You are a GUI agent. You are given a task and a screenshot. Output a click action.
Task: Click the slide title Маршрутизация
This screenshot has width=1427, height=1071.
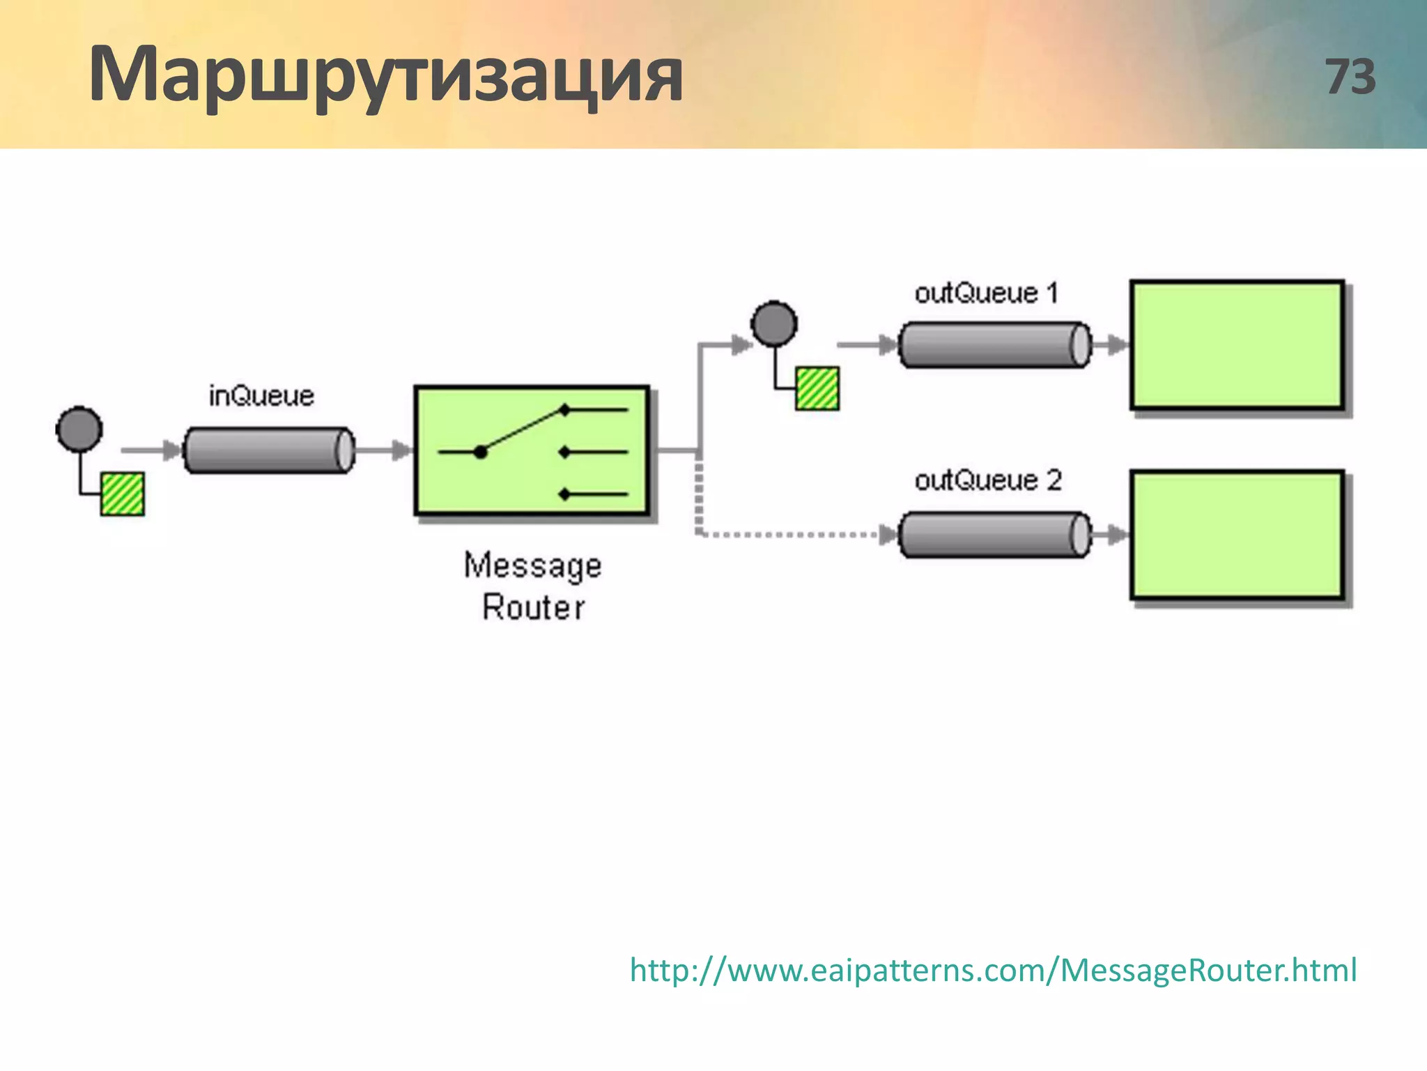[385, 75]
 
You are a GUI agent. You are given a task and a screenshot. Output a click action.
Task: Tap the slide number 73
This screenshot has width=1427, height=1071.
[1350, 77]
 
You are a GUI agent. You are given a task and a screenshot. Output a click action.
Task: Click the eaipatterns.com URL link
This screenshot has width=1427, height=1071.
[993, 970]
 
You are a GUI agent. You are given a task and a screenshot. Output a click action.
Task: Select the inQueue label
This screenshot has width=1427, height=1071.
[261, 396]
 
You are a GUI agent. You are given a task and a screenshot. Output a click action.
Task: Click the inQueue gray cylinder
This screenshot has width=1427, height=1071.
[268, 450]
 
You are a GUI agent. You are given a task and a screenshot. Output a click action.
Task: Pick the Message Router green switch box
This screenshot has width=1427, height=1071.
[532, 450]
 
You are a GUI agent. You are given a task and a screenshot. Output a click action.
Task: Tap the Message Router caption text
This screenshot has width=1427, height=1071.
[533, 586]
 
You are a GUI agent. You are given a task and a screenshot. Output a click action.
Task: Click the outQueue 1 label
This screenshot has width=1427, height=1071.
[986, 293]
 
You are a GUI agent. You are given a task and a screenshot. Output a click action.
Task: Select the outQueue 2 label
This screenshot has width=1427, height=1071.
[987, 480]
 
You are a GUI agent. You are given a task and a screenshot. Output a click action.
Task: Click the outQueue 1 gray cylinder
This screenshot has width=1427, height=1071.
[994, 344]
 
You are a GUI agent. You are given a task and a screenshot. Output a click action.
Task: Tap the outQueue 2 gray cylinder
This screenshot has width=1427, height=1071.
[994, 535]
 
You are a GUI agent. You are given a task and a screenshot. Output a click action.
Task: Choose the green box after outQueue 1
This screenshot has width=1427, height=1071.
[1237, 345]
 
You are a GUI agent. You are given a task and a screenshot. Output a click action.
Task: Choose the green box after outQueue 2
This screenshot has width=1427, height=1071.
[1237, 535]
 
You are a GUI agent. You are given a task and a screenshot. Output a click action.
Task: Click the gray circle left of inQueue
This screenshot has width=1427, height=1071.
[79, 429]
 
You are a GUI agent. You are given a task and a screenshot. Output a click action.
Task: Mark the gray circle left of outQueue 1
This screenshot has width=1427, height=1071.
[774, 324]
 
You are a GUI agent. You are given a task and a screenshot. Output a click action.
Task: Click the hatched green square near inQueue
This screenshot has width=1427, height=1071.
[123, 494]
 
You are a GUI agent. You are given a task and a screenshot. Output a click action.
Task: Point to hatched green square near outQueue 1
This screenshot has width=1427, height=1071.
[817, 388]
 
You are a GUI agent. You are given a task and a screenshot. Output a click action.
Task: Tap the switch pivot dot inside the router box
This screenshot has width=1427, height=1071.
[480, 452]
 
